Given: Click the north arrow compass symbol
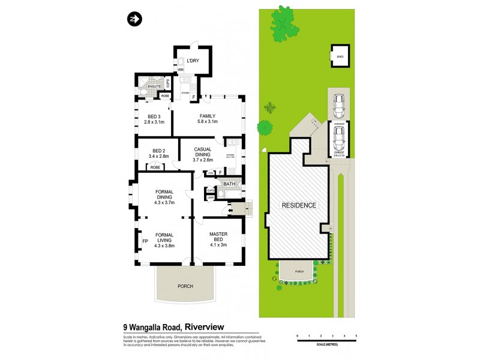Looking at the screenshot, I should coord(133,20).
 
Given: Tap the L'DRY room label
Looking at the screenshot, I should coord(193,61).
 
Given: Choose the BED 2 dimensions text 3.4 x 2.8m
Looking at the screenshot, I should coord(158,156).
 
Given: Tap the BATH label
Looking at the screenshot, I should coord(229,184).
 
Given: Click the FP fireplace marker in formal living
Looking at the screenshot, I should coord(145,242).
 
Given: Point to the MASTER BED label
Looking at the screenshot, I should coord(217,238).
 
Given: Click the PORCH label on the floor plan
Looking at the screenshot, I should coord(185,286).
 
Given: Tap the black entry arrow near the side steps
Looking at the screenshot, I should coord(230,211).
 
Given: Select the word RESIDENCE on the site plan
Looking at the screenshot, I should coord(299,205).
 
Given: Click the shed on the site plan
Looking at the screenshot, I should coord(340,56).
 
